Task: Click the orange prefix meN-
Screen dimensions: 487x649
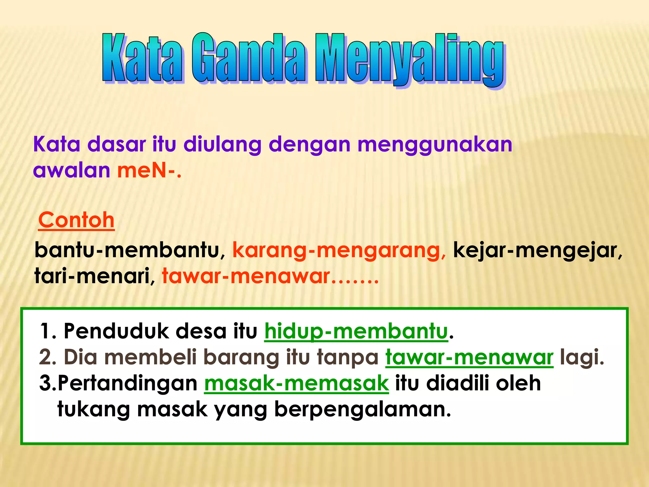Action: (x=148, y=170)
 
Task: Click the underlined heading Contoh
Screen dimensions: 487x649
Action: (x=76, y=220)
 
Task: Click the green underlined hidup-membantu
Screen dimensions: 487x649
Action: (x=356, y=331)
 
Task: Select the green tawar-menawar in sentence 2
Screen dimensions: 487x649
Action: (x=469, y=357)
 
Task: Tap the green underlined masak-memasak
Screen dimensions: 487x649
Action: (x=296, y=383)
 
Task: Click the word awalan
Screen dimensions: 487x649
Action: (x=72, y=170)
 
